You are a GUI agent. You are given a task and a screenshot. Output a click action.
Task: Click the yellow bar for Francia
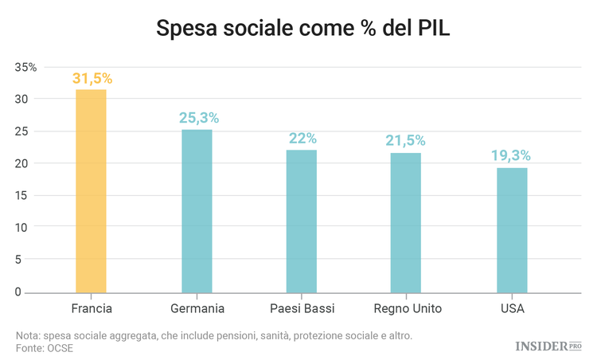pos(91,191)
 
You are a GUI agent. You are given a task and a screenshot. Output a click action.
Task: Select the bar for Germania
pos(197,211)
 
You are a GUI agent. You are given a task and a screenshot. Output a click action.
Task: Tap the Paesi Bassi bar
pos(302,221)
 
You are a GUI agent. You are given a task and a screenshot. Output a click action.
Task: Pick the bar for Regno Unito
pos(406,223)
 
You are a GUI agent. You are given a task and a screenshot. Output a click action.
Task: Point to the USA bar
pos(512,230)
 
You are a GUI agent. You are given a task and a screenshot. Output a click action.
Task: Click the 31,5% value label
pos(92,78)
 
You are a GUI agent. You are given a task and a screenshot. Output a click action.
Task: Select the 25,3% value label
pos(198,119)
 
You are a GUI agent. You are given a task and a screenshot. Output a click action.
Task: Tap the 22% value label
pos(302,139)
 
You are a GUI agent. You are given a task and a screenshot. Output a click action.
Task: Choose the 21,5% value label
pos(406,141)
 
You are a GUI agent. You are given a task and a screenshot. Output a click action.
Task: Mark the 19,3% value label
pos(512,155)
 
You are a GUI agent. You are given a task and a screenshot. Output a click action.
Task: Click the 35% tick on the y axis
pos(26,67)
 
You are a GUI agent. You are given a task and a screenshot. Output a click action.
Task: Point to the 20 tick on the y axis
pos(29,163)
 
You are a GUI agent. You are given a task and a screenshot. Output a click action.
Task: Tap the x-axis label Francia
pos(91,308)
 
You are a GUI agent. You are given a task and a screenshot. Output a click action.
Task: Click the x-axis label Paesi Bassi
pos(302,308)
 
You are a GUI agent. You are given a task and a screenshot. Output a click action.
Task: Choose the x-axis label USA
pos(512,308)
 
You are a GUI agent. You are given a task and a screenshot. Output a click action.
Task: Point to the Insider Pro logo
pos(548,346)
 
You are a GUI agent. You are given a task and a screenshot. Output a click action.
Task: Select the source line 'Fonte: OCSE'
pos(45,349)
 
